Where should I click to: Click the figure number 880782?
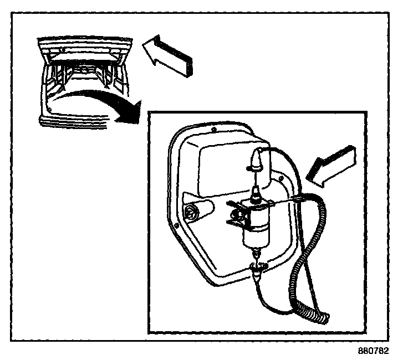coord(374,351)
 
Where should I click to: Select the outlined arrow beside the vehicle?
coord(167,55)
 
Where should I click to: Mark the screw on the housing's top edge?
coord(215,131)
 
